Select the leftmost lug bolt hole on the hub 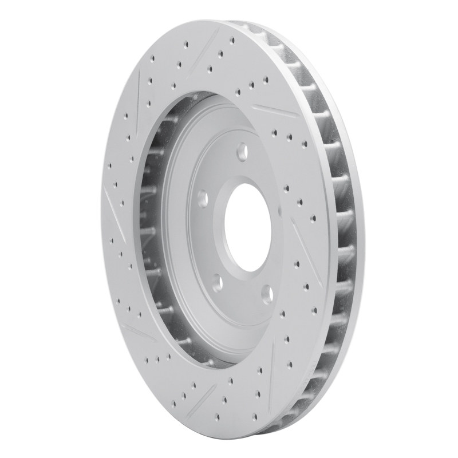202,198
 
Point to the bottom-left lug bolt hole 218,282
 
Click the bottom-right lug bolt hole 267,294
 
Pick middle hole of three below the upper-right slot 289,137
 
